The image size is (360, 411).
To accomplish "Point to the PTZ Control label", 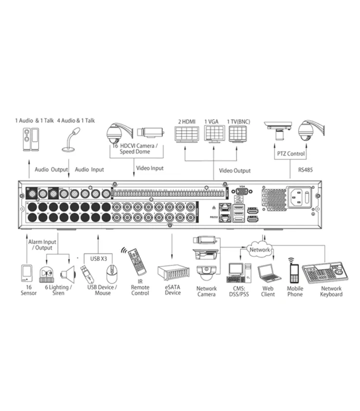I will [291, 154].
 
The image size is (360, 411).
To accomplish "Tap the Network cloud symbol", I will [260, 250].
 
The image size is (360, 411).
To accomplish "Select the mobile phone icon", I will [294, 273].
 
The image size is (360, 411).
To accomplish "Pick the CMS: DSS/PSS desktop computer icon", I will [239, 272].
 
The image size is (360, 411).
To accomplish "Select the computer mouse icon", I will [113, 272].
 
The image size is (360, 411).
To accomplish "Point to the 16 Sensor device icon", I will [28, 274].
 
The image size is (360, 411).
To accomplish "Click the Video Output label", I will [235, 171].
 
